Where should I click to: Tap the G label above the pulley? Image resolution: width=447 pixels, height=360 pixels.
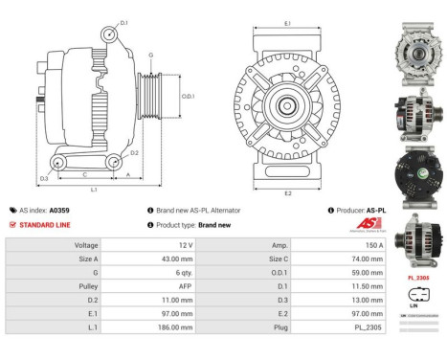[x=151, y=56]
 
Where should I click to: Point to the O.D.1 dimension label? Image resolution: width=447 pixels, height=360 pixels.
[x=189, y=96]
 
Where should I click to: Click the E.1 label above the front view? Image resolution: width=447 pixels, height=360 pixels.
[x=288, y=23]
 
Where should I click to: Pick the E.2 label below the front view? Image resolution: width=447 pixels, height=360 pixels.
[x=288, y=192]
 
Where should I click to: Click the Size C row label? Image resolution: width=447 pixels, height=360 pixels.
[x=253, y=259]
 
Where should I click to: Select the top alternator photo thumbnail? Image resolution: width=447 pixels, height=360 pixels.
[x=417, y=37]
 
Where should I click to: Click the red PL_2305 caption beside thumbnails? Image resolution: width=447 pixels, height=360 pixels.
[x=417, y=277]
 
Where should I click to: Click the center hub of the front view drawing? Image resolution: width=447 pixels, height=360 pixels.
[x=288, y=105]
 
